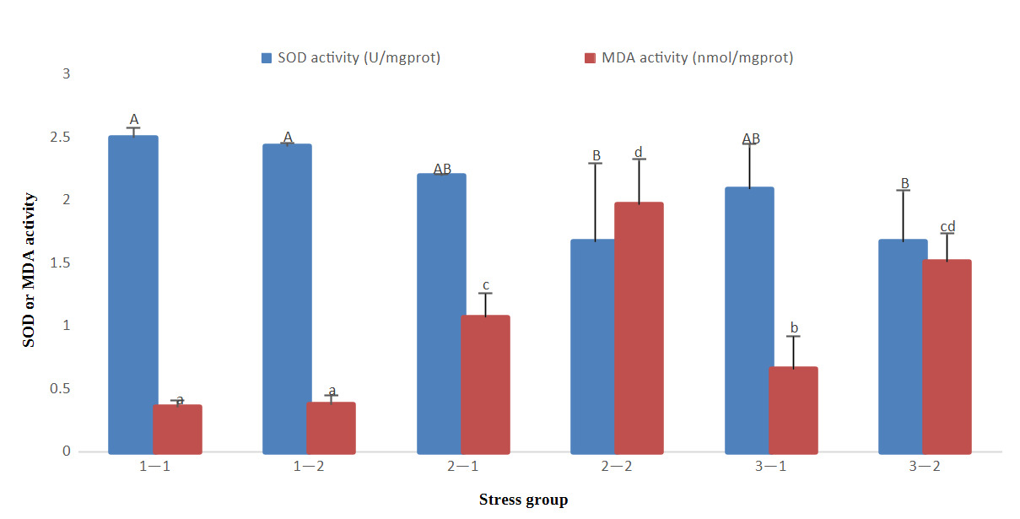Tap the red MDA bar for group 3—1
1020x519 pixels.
pos(793,410)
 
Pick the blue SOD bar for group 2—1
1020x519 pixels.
pos(440,313)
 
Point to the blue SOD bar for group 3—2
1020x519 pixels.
pos(902,346)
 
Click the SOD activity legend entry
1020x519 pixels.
pos(350,58)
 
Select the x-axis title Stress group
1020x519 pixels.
pos(523,500)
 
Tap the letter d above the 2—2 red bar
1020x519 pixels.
pos(639,153)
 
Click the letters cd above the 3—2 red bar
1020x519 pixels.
pos(947,227)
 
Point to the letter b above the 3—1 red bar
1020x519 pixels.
pos(793,327)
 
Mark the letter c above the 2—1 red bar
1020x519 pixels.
pos(485,284)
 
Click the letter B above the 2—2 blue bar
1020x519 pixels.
pos(596,156)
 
